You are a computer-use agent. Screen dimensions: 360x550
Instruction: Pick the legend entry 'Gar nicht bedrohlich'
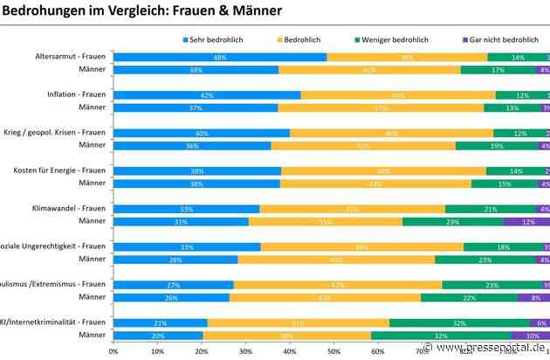coord(501,39)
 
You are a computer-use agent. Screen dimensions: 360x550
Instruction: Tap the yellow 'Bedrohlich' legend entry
coord(310,39)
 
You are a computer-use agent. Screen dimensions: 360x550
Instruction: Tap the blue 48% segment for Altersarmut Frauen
coord(220,57)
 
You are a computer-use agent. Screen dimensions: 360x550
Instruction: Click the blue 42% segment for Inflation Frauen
coord(207,95)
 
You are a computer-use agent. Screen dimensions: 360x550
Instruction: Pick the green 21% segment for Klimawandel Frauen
coord(491,209)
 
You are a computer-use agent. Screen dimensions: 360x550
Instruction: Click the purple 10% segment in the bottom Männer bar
coord(531,336)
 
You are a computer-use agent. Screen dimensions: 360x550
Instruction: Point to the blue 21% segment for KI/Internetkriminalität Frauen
coord(160,323)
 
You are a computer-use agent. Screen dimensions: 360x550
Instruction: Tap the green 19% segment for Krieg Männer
coord(496,146)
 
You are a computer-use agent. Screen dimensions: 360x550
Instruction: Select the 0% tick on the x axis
coord(113,351)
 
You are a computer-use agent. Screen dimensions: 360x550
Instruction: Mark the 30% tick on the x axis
coord(245,351)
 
